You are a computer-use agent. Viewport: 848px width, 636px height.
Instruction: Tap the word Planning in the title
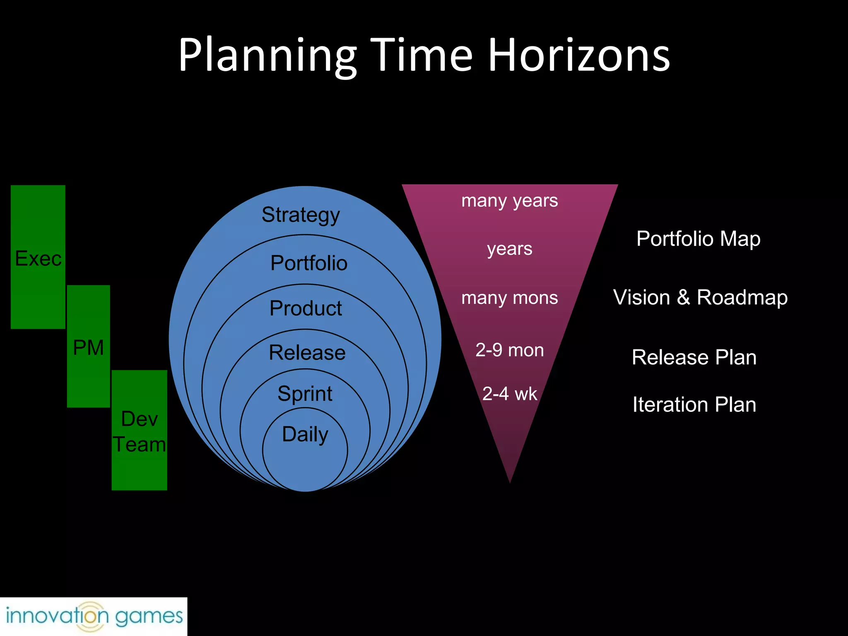267,56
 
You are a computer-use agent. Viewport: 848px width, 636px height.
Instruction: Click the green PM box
88,347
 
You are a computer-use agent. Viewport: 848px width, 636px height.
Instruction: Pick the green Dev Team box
140,431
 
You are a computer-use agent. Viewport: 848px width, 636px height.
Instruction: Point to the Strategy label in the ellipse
301,215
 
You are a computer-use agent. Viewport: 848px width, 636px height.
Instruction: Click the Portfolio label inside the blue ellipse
309,263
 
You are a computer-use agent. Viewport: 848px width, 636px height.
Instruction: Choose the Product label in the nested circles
306,308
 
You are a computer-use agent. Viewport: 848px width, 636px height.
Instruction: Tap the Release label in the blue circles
307,352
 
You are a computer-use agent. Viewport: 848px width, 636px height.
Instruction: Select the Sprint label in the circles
305,393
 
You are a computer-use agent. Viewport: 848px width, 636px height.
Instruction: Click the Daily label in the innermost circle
305,434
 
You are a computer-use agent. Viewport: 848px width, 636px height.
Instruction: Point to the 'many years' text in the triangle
510,201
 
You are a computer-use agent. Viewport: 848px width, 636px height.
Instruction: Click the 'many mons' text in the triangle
510,298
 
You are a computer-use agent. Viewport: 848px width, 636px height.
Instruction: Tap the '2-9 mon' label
510,350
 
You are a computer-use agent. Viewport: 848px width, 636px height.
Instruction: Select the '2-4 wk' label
510,394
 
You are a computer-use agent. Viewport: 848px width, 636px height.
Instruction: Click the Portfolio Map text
699,239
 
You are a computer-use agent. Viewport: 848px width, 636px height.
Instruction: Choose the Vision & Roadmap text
701,297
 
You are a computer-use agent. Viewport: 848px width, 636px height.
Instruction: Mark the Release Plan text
694,357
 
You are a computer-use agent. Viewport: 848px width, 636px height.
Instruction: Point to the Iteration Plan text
694,405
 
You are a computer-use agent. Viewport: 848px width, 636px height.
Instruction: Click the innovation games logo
94,617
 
